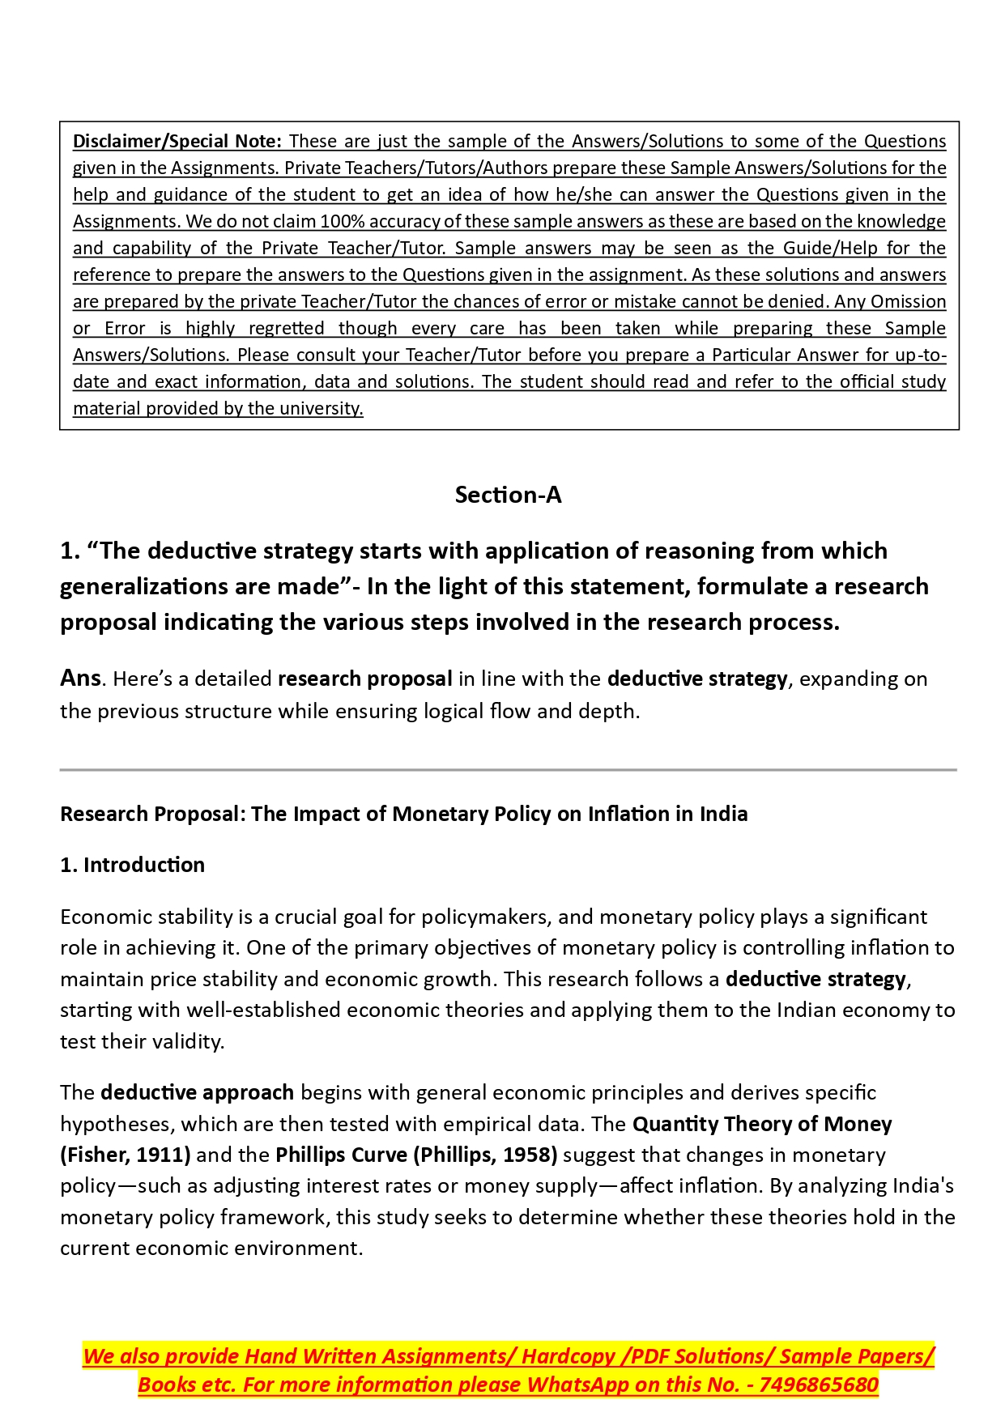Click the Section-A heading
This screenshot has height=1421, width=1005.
508,495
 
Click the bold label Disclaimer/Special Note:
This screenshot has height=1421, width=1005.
177,141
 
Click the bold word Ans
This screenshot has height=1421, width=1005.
80,678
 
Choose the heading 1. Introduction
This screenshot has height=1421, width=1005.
132,865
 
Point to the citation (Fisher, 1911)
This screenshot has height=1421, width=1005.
126,1155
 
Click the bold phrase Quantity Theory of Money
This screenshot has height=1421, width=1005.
762,1124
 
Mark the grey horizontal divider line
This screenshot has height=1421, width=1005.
508,770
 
